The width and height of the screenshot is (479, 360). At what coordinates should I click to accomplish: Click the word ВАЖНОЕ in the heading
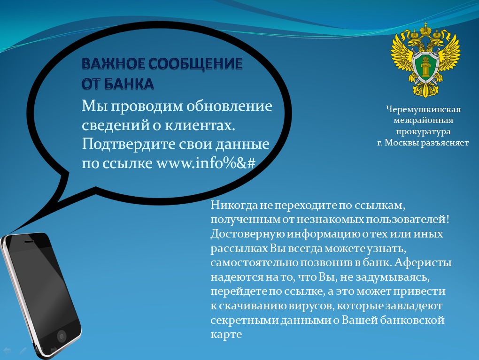[114, 64]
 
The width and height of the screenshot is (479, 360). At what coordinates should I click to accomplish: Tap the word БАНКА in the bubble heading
[129, 84]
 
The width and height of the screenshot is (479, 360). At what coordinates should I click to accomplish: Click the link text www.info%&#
[206, 163]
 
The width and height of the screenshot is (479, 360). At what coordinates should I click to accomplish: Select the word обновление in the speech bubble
[229, 106]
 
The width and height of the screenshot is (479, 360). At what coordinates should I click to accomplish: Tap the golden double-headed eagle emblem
[425, 60]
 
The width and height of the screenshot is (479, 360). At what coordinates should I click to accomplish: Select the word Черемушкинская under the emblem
[424, 109]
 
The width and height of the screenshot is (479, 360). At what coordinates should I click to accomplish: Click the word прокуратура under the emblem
[423, 131]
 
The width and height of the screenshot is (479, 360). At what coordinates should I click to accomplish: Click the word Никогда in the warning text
[234, 205]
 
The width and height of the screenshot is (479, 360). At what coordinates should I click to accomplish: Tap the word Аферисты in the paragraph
[423, 262]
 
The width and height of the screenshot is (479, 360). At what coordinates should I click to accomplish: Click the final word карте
[226, 334]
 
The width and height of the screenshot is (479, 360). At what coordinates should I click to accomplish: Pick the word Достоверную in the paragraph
[247, 234]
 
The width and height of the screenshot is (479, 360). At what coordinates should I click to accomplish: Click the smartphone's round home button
[62, 337]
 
